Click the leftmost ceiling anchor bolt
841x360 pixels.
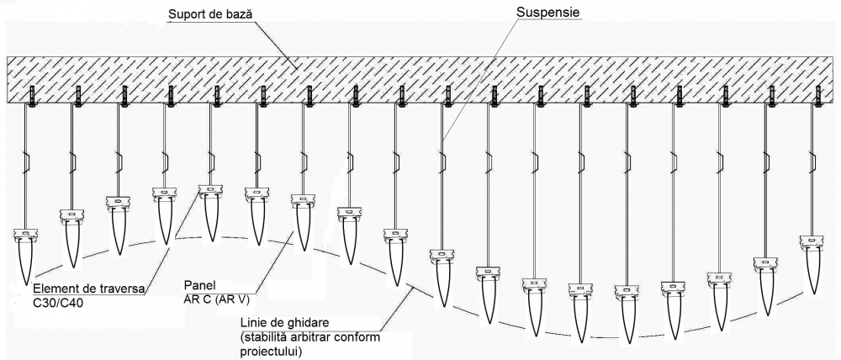pos(32,96)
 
